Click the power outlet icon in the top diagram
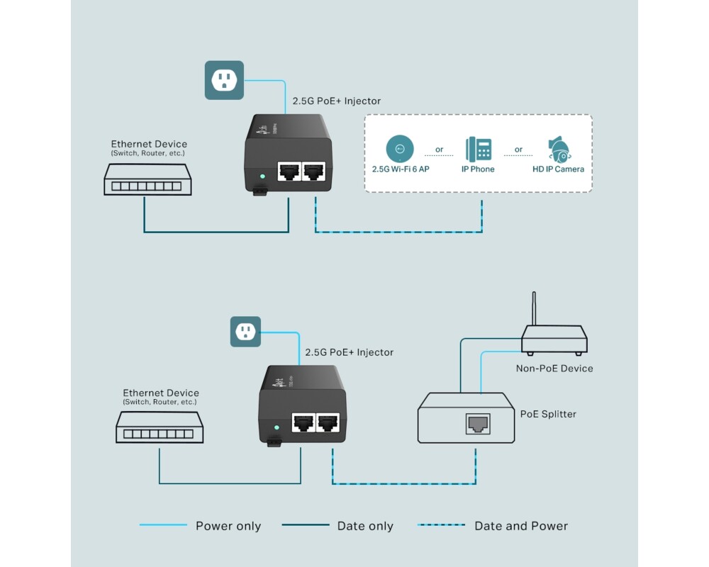pyautogui.click(x=224, y=80)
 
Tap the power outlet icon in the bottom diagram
pyautogui.click(x=245, y=332)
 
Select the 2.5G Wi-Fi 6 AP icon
pyautogui.click(x=400, y=149)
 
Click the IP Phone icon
pyautogui.click(x=479, y=150)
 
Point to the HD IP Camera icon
pyautogui.click(x=559, y=149)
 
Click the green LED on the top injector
pyautogui.click(x=263, y=176)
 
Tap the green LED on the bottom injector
pyautogui.click(x=277, y=428)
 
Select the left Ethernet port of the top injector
pyautogui.click(x=289, y=172)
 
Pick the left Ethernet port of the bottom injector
pyautogui.click(x=303, y=423)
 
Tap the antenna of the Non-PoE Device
pyautogui.click(x=533, y=308)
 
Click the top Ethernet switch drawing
pyautogui.click(x=147, y=180)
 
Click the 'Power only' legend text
pyautogui.click(x=228, y=526)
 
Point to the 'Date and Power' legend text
pyautogui.click(x=521, y=526)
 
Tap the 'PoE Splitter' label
pyautogui.click(x=548, y=414)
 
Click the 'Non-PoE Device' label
pyautogui.click(x=554, y=369)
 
